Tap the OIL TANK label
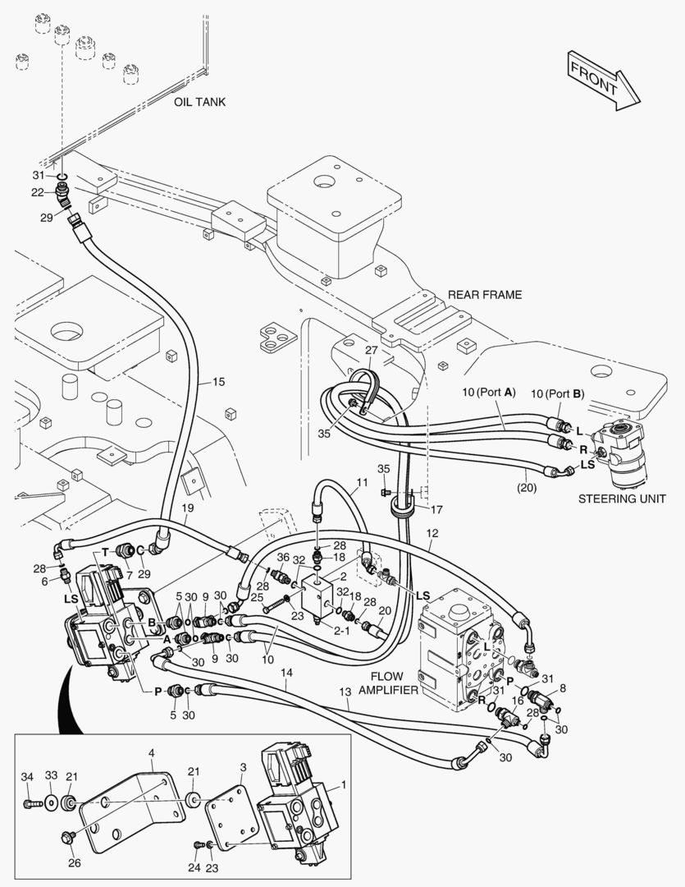click(x=199, y=102)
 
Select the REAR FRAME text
click(x=484, y=295)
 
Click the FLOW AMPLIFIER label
click(x=388, y=683)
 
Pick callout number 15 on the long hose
click(x=218, y=381)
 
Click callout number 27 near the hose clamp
click(x=371, y=351)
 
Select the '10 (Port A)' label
click(x=488, y=393)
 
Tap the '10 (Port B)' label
click(x=557, y=393)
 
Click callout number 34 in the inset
click(x=27, y=776)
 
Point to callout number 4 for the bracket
click(x=151, y=752)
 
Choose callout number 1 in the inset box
click(x=343, y=784)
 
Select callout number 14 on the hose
click(x=285, y=672)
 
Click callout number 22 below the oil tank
click(x=38, y=192)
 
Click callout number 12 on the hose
click(x=432, y=533)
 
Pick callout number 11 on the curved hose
click(x=362, y=482)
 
